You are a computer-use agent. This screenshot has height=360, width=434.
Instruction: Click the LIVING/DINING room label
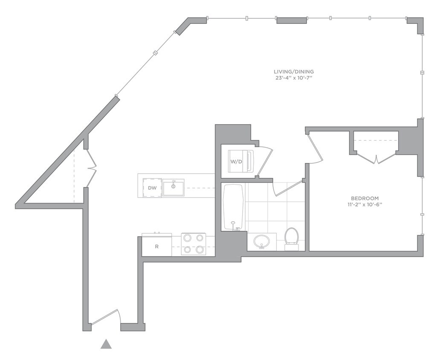294,72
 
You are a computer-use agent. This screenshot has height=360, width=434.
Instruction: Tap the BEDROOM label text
365,198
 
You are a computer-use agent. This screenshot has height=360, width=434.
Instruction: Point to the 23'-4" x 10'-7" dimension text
294,78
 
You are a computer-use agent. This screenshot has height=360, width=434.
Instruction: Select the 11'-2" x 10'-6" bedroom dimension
365,205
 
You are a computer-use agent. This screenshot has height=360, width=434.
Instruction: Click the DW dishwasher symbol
152,188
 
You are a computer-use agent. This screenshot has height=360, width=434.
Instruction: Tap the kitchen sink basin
173,188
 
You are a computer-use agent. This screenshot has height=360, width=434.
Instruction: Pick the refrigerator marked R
156,245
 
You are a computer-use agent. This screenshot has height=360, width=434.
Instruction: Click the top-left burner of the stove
187,238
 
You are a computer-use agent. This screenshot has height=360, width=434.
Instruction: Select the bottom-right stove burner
200,250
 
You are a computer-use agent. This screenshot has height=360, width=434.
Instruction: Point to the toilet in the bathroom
292,239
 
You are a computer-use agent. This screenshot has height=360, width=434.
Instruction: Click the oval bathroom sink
262,242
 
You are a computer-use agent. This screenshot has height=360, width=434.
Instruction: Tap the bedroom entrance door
315,148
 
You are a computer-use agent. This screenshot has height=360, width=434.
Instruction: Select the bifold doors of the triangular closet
92,168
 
